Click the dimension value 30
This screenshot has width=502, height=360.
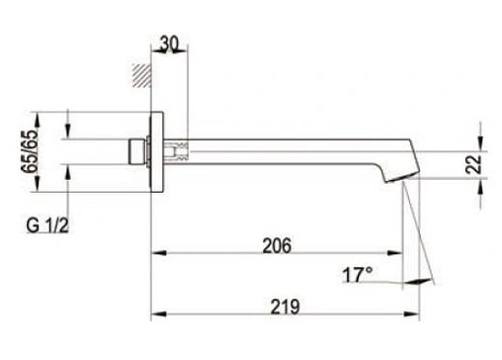pos(169,44)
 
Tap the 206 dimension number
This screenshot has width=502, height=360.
pos(277,245)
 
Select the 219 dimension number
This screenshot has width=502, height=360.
pos(286,307)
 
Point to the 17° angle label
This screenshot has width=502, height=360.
pos(358,275)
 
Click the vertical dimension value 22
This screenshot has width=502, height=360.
pos(473,164)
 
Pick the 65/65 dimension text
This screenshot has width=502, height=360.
pos(30,151)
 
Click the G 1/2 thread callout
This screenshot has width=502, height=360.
pos(47,225)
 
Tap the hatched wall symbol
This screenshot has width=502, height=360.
pos(141,75)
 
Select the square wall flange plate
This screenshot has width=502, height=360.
pos(157,151)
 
